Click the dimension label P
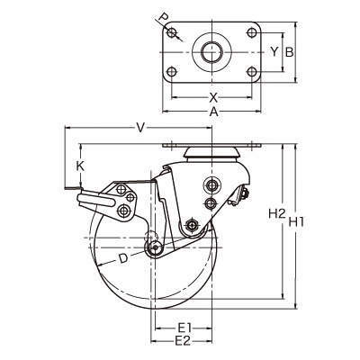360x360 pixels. [x=163, y=18]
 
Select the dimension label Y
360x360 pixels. [x=274, y=52]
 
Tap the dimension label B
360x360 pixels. [x=289, y=52]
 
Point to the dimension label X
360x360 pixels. [x=213, y=97]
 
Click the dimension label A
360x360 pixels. [x=213, y=112]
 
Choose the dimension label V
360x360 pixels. [x=139, y=128]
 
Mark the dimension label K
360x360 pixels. [x=80, y=166]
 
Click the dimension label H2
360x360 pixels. [x=276, y=213]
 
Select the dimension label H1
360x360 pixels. [x=297, y=221]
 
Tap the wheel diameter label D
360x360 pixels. [x=122, y=258]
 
